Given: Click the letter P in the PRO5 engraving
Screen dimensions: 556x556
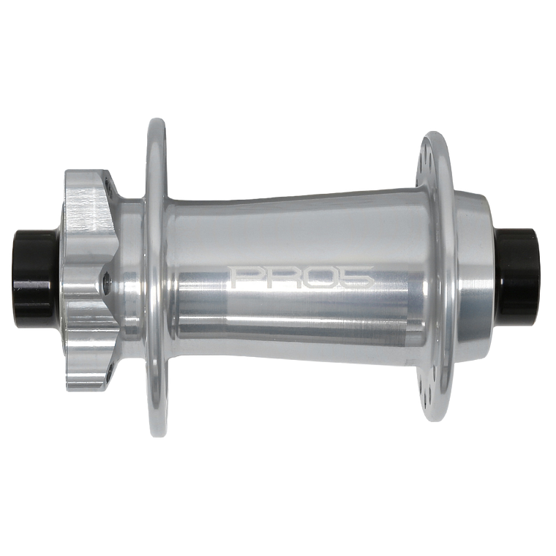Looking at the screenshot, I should [x=242, y=278].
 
